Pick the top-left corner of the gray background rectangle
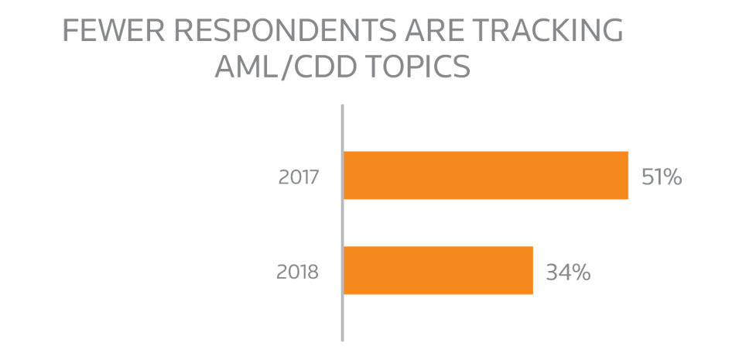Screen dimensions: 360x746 click(x=64, y=19)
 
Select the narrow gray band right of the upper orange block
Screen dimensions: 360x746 click(x=662, y=194)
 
